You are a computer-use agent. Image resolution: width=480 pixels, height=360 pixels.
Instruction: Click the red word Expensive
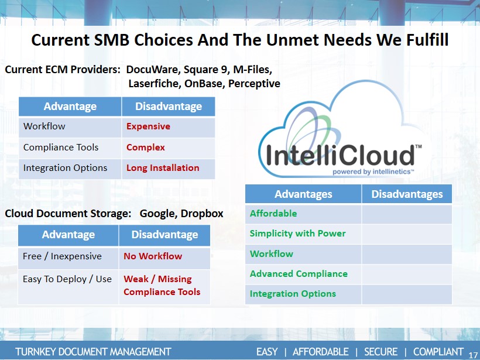(148, 126)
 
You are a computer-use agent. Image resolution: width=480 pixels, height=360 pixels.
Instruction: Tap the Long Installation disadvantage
(163, 168)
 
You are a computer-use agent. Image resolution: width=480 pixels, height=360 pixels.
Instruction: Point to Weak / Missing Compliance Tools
(162, 285)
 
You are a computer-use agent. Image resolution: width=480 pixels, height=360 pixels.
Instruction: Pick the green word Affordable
(273, 214)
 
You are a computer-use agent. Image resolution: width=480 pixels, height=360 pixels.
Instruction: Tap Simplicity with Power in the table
(297, 234)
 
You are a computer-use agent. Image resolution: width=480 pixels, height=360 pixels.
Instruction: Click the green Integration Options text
(293, 294)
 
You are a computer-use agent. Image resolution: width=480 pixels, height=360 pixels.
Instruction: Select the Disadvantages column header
(407, 194)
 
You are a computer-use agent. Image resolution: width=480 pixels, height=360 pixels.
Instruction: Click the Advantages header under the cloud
(303, 194)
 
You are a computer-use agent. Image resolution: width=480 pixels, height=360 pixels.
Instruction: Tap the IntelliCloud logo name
(340, 155)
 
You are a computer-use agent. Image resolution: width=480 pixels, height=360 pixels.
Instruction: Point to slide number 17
(473, 355)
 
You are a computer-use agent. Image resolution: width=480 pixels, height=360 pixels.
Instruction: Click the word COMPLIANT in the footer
(438, 352)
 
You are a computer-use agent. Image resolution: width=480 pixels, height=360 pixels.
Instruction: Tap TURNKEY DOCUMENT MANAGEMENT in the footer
(93, 352)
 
